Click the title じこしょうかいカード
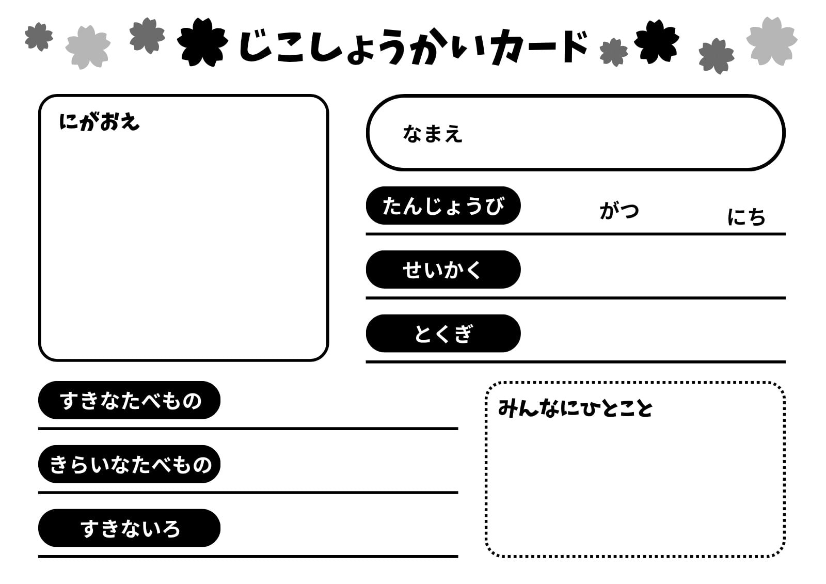coord(413,47)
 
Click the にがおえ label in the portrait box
coord(99,122)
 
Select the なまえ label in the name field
coord(432,134)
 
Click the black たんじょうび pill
coord(443,206)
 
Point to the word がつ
coord(619,211)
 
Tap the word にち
coord(746,216)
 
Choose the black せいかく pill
coord(443,270)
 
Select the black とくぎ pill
coord(443,334)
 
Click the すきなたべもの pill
coord(129,400)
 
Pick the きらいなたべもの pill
coord(129,464)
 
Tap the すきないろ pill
coord(129,528)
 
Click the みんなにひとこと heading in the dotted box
coord(575,408)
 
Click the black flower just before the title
coord(202,42)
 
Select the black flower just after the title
coord(657,41)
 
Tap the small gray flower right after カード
coord(614,52)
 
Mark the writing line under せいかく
coord(576,298)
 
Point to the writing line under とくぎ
coord(576,362)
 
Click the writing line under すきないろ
coord(248,557)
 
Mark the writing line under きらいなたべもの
coord(248,493)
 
